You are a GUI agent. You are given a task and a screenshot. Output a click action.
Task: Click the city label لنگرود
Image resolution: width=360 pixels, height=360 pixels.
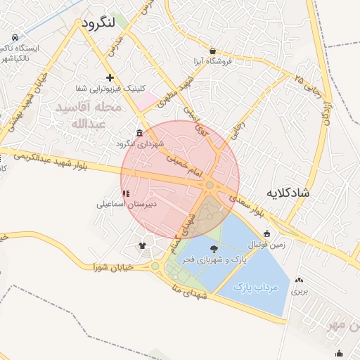98,23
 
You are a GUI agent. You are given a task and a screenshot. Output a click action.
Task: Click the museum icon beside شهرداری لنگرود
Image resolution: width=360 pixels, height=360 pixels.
140,134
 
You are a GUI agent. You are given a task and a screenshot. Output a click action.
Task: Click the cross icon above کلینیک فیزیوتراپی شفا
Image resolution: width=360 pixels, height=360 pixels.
109,77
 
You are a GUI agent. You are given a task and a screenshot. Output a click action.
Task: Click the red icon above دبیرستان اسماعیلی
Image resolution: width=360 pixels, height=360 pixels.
126,193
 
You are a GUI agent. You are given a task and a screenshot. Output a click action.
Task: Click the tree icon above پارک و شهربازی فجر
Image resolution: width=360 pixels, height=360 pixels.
214,248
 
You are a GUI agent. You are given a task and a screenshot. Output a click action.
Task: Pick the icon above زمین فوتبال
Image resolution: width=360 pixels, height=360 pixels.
266,234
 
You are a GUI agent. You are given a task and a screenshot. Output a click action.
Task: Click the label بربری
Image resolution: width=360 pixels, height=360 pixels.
300,290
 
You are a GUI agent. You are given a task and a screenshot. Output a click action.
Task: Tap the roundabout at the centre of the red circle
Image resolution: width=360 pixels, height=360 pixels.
210,185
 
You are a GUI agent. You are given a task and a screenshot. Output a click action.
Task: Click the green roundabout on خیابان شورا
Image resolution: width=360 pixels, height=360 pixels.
155,266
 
